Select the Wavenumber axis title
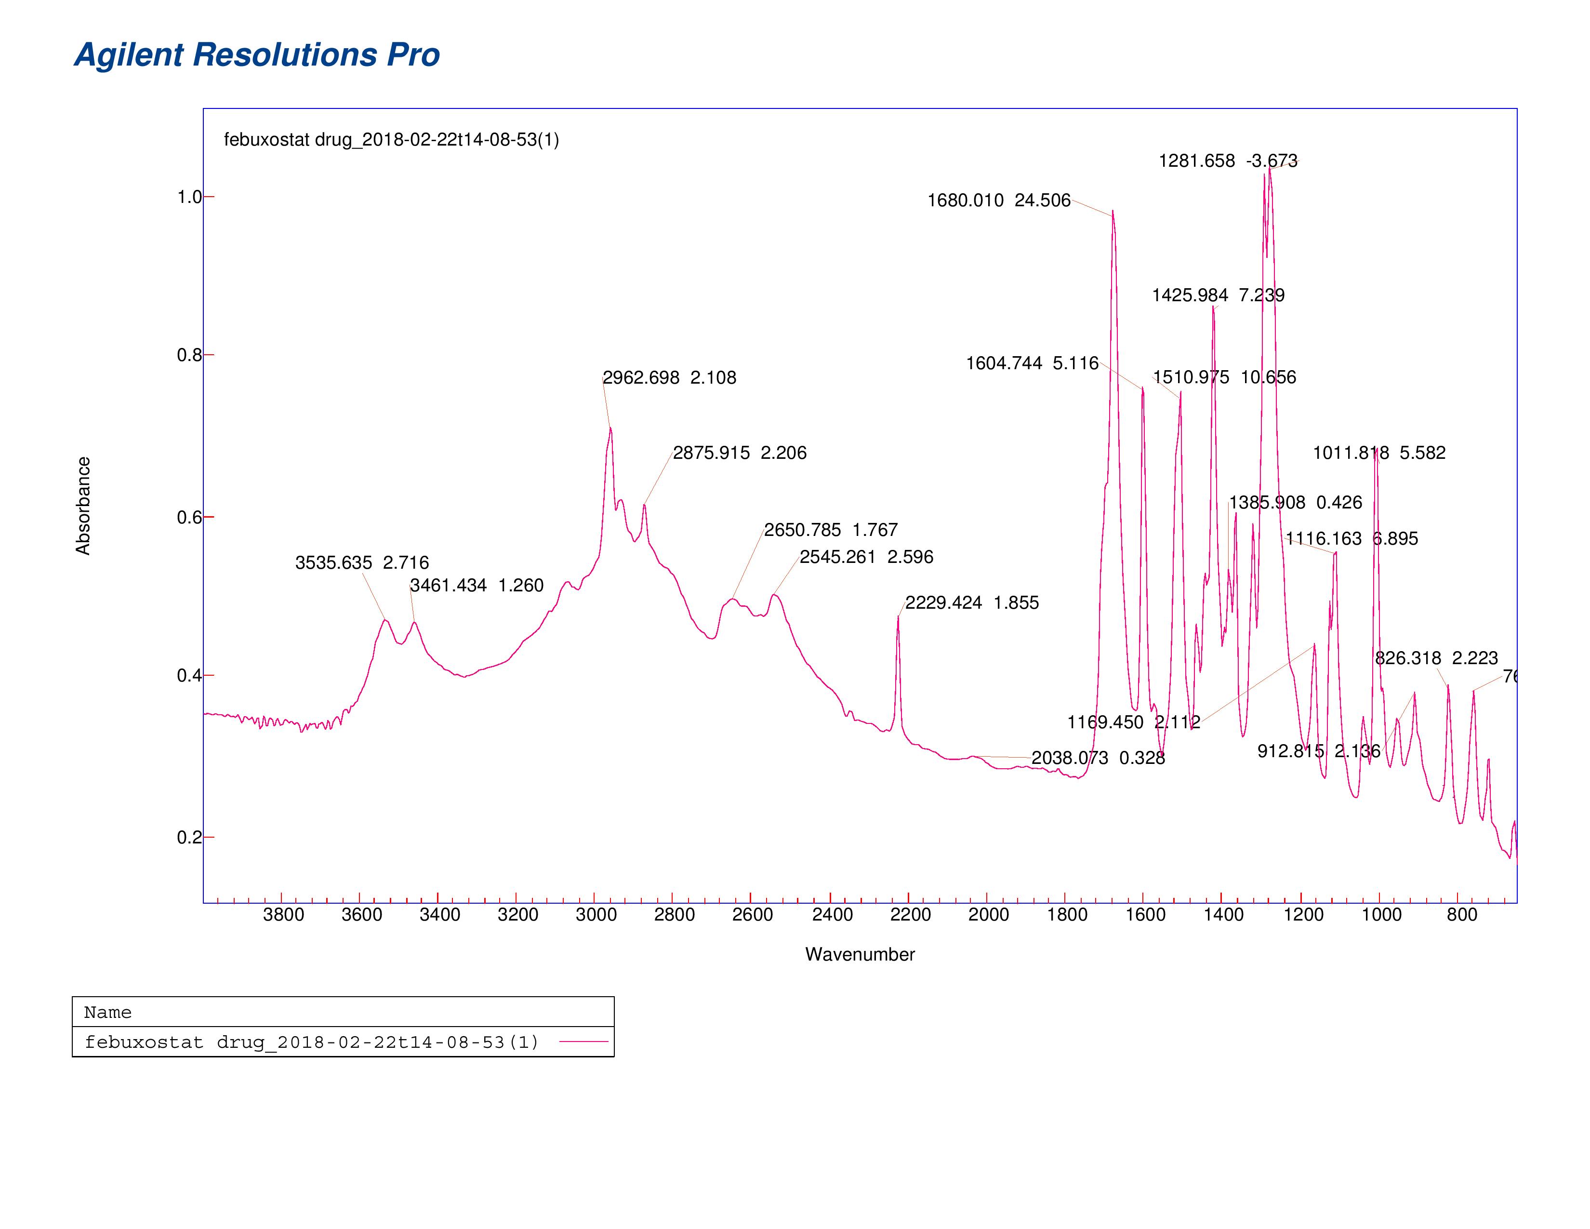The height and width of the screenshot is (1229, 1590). pyautogui.click(x=859, y=954)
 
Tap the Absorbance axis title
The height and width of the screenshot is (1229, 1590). pyautogui.click(x=83, y=506)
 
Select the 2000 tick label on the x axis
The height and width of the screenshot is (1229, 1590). pyautogui.click(x=988, y=915)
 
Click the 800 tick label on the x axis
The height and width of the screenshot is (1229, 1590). pyautogui.click(x=1461, y=915)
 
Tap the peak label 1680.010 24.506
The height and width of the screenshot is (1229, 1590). pyautogui.click(x=998, y=200)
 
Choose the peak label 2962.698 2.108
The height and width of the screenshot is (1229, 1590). pyautogui.click(x=669, y=378)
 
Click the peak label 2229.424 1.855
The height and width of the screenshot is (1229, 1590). pyautogui.click(x=971, y=603)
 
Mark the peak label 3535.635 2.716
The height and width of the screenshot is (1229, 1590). pyautogui.click(x=362, y=563)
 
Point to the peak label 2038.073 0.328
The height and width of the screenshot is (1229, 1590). pyautogui.click(x=1098, y=758)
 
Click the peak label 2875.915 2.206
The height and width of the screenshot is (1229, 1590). pyautogui.click(x=739, y=453)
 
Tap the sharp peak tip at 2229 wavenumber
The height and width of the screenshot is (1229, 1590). pyautogui.click(x=898, y=617)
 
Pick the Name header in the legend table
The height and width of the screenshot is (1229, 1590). pyautogui.click(x=108, y=1012)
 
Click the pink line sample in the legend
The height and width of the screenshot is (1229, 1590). pyautogui.click(x=583, y=1042)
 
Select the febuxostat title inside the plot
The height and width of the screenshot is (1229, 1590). pyautogui.click(x=391, y=140)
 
